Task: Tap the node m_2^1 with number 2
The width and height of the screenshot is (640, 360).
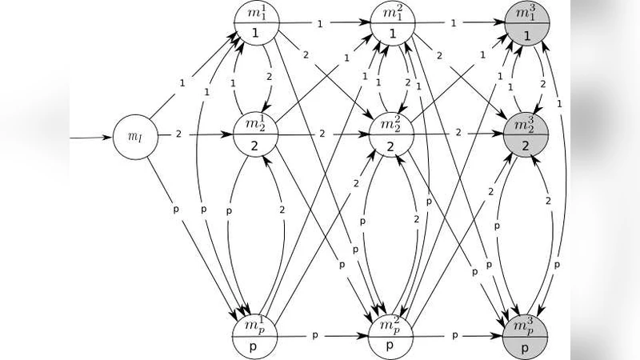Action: (256, 134)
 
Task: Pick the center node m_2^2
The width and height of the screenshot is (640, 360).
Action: (391, 134)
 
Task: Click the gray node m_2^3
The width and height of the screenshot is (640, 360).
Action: (526, 134)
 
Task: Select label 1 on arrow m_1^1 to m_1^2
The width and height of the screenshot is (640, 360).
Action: (320, 24)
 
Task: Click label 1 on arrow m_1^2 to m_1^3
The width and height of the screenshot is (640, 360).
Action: (454, 24)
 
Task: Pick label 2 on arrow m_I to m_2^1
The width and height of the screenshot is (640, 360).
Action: (178, 134)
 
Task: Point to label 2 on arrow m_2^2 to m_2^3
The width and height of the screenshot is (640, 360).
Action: (458, 131)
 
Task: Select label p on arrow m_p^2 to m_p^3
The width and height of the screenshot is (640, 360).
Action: (455, 335)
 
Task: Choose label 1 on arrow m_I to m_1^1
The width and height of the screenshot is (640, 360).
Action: (182, 82)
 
